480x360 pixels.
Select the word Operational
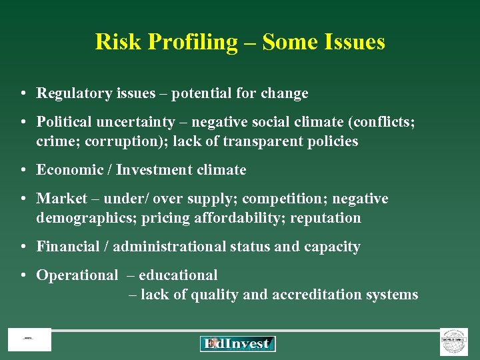coord(77,275)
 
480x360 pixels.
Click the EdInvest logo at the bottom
coord(237,343)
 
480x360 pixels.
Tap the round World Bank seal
coord(454,341)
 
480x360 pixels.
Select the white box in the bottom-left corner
coord(29,340)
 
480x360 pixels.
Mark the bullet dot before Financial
coord(23,247)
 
